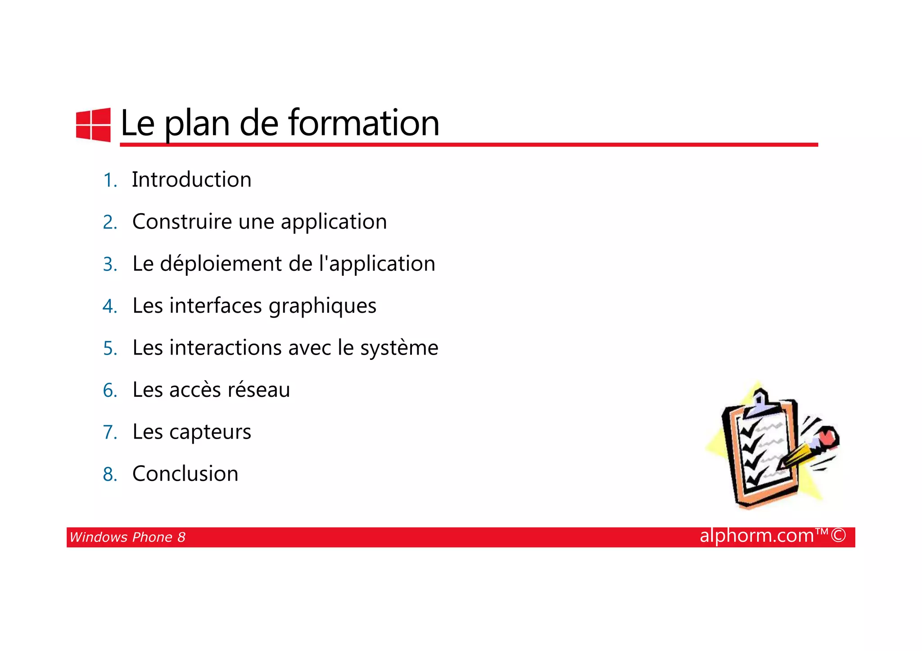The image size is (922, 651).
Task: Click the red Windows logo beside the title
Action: coord(93,125)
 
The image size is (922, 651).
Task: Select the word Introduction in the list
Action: coord(191,180)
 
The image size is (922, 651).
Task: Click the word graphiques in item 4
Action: coord(322,306)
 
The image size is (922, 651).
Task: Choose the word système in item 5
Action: coord(399,348)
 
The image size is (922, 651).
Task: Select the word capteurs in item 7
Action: coord(210,432)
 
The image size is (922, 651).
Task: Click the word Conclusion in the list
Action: coord(185,474)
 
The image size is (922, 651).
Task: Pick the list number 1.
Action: coord(110,180)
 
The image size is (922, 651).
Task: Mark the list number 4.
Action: coord(110,306)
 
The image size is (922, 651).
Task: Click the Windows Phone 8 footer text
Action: coord(127,537)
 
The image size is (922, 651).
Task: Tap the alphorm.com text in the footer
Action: coord(757,536)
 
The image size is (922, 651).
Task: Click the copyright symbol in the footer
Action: coord(838,536)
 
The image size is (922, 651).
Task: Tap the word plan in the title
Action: coord(197,124)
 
